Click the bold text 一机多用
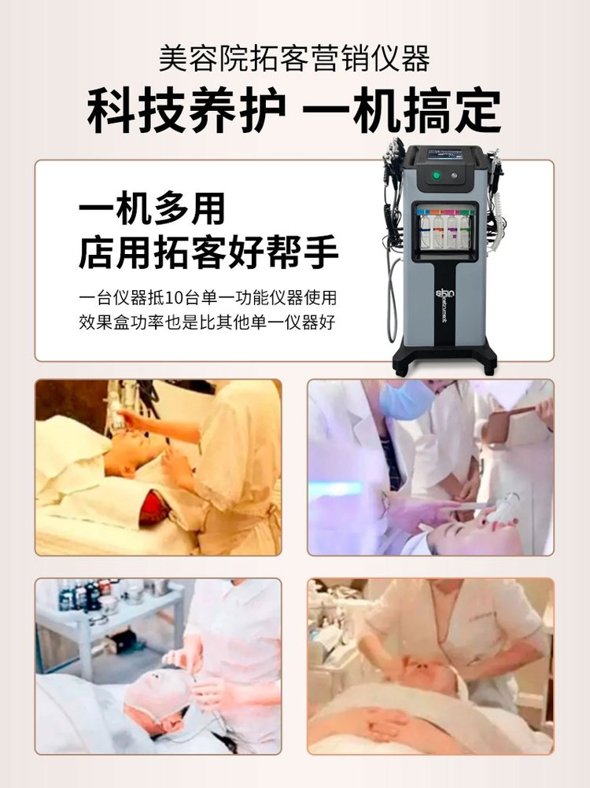tap(153, 210)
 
